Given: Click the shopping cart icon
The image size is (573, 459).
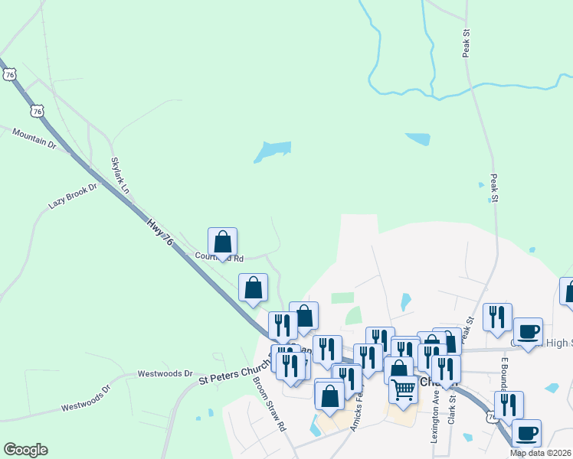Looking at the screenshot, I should [403, 390].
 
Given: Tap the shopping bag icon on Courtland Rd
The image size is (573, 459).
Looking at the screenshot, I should [222, 242].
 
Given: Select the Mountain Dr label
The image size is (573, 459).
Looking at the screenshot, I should [34, 138].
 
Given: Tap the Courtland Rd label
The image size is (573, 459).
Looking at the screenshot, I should [219, 258].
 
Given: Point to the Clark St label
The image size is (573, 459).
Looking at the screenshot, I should [452, 409].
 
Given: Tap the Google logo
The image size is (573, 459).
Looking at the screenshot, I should [25, 450].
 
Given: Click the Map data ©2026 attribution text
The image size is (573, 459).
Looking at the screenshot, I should [541, 453].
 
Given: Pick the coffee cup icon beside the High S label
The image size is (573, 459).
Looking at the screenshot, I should [528, 332].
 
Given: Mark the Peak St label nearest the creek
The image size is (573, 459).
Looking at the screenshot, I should [466, 43].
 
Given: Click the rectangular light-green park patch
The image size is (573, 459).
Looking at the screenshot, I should [342, 298].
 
